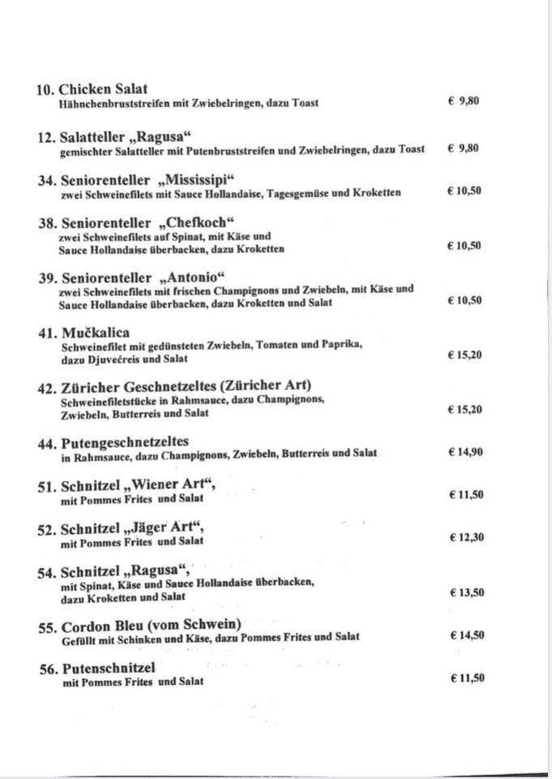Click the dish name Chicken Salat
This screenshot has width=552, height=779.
(103, 89)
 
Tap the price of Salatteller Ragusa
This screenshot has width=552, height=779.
(463, 148)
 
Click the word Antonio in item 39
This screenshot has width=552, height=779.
(195, 277)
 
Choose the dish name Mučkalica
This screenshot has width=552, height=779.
(95, 333)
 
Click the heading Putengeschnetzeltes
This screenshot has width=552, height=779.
(124, 441)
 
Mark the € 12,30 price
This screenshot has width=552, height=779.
(465, 536)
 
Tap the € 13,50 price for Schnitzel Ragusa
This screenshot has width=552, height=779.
(465, 592)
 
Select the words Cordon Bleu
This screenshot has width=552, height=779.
(101, 624)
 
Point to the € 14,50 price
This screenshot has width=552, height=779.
(465, 635)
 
